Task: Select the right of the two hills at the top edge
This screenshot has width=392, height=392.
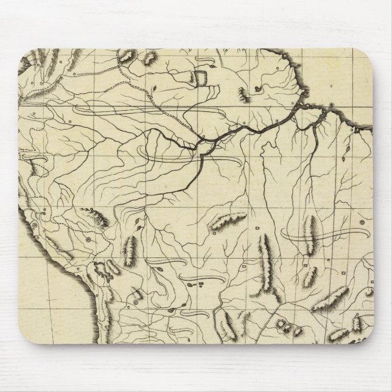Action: pos(149,59)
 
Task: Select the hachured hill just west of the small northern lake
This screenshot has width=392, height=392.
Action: pos(245,94)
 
